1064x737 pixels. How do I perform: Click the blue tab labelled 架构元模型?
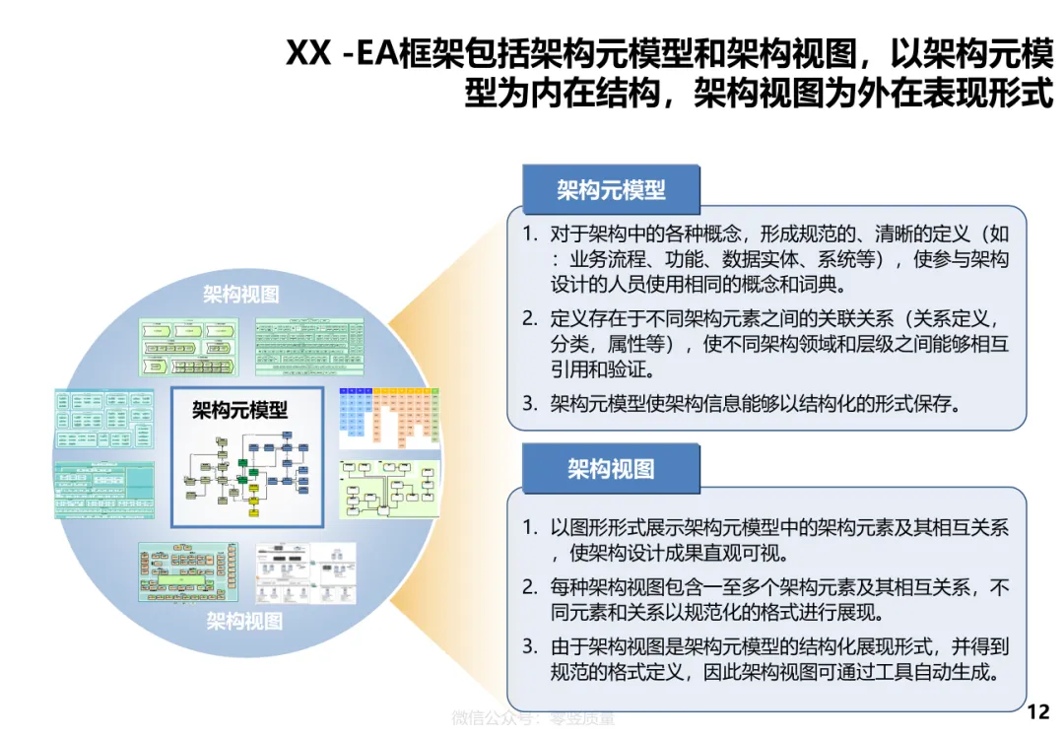[611, 190]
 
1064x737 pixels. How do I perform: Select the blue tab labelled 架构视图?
[611, 469]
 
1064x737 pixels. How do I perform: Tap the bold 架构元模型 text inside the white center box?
[240, 409]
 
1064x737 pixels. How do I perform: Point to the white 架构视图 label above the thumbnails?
[241, 294]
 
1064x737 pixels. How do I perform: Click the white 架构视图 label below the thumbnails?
[244, 621]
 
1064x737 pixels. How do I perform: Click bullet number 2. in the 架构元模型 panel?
[530, 318]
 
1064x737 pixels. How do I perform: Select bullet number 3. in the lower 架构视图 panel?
[530, 647]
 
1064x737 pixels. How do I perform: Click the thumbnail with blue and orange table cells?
[389, 414]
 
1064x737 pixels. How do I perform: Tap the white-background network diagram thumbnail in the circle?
[306, 572]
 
